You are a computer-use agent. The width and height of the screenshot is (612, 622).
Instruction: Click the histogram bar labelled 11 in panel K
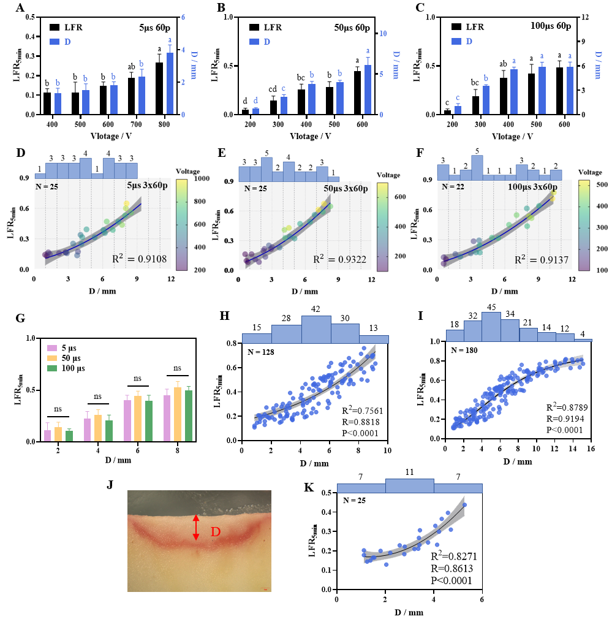409,485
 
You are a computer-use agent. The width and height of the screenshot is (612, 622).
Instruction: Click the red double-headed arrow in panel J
196,527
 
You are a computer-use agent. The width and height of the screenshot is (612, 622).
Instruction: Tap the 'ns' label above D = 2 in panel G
58,409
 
